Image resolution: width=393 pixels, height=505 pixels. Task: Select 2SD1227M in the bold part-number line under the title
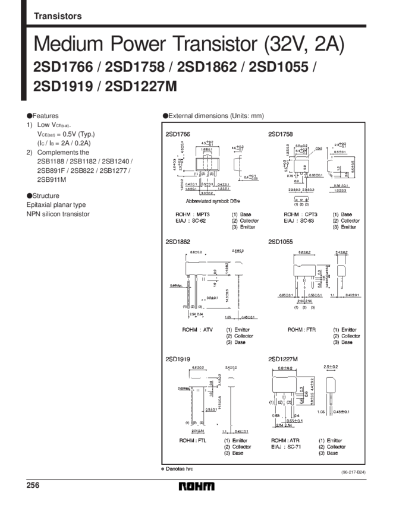[x=140, y=87]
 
